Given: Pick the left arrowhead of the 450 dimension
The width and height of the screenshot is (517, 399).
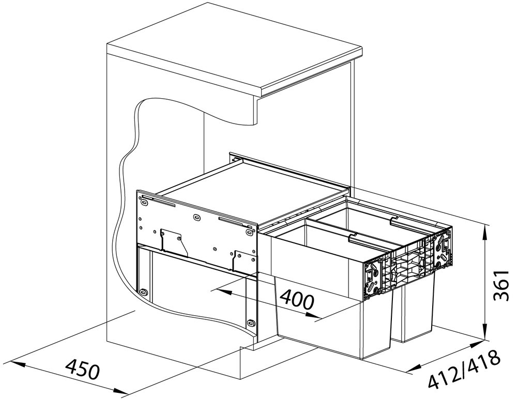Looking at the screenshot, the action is (x=18, y=364).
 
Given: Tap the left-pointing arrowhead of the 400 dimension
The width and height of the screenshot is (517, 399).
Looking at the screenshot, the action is (x=222, y=291).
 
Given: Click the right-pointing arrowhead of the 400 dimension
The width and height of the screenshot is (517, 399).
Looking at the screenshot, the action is (x=312, y=315).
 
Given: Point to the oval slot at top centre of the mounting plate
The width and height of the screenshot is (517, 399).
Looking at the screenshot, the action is (x=197, y=217).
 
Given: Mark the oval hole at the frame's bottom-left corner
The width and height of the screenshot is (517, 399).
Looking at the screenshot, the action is (x=143, y=291).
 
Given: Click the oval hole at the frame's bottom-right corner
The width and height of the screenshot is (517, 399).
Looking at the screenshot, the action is (x=251, y=322).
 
